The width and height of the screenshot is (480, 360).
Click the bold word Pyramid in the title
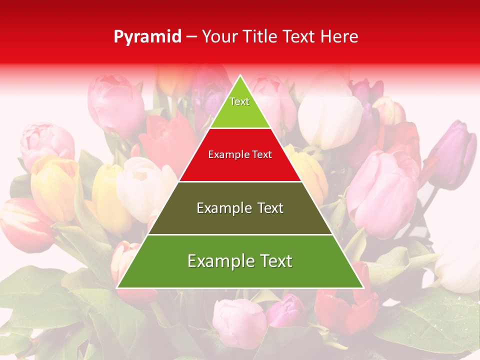[147, 37]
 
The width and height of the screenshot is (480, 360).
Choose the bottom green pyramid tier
[240, 275]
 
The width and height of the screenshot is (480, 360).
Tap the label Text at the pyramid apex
[239, 101]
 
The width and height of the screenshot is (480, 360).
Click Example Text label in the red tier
[240, 154]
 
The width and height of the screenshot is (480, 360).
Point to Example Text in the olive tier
[240, 208]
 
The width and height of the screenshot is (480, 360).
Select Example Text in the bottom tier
[240, 261]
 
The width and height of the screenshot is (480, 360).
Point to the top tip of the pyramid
[240, 76]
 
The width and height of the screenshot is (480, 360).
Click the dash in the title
[191, 37]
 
